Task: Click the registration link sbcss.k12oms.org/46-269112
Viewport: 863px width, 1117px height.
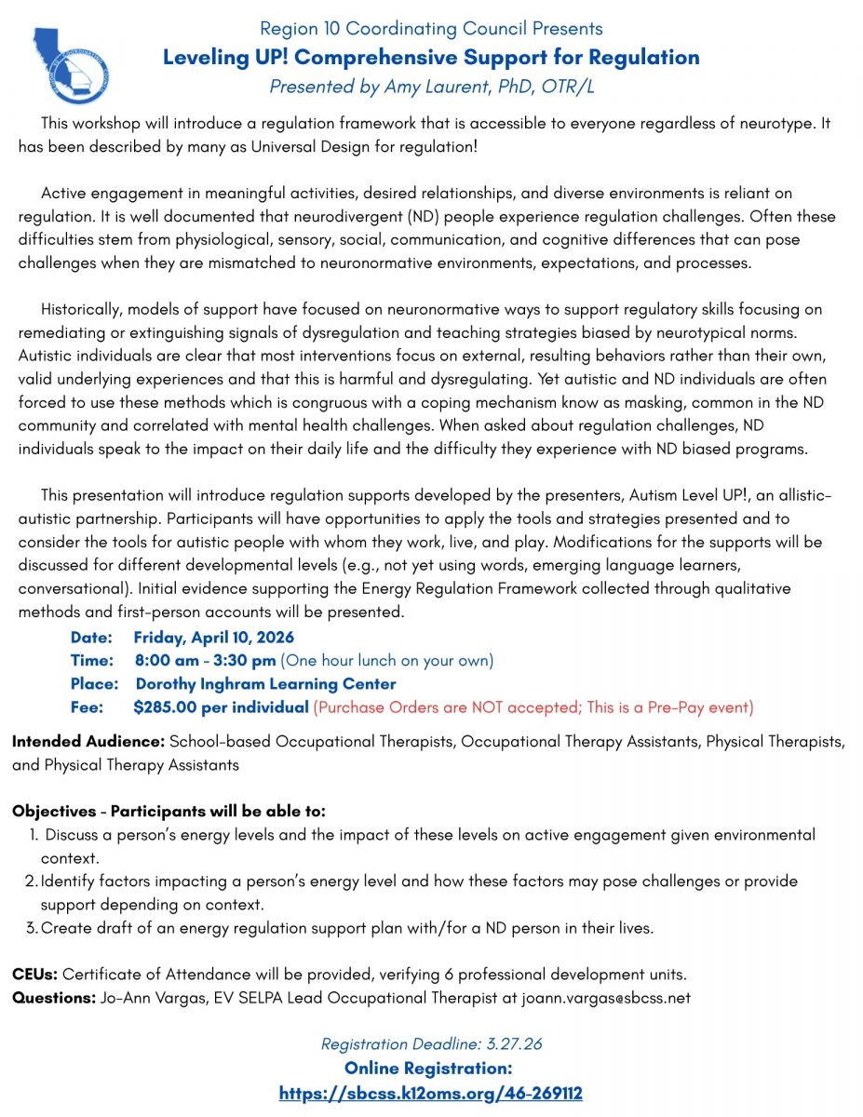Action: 431,1093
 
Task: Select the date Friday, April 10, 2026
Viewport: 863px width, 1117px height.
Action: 213,638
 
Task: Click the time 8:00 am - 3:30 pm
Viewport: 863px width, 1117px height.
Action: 205,661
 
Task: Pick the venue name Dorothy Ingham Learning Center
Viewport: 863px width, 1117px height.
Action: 265,684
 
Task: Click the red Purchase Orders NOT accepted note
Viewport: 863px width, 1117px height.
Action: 533,707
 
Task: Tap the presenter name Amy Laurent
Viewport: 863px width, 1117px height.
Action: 431,87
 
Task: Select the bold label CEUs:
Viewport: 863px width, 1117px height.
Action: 34,976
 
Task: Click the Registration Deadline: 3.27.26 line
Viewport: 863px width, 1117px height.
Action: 431,1044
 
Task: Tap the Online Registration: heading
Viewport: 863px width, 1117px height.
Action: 428,1069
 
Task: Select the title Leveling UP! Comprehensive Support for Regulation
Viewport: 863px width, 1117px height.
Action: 431,58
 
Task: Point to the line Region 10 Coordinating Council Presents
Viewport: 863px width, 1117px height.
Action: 431,29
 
